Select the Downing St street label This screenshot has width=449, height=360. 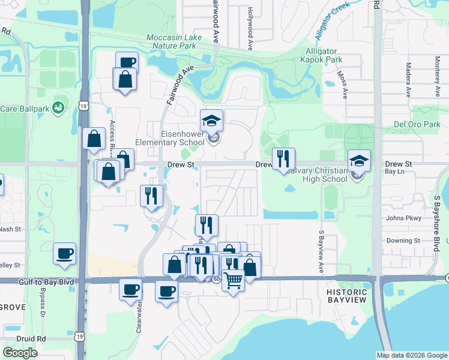402,241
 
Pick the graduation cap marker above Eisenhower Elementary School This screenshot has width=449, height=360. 211,121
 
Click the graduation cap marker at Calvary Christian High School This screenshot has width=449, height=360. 359,161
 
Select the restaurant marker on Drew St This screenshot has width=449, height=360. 283,159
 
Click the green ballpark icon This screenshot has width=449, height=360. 58,108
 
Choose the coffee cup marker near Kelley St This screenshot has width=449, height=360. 64,254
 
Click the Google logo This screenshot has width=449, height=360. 20,353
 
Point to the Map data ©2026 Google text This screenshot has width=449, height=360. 411,355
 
